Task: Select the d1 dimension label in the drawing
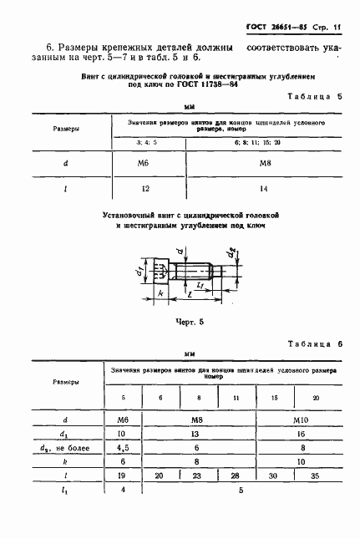tap(143, 268)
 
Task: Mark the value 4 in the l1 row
tap(123, 491)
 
